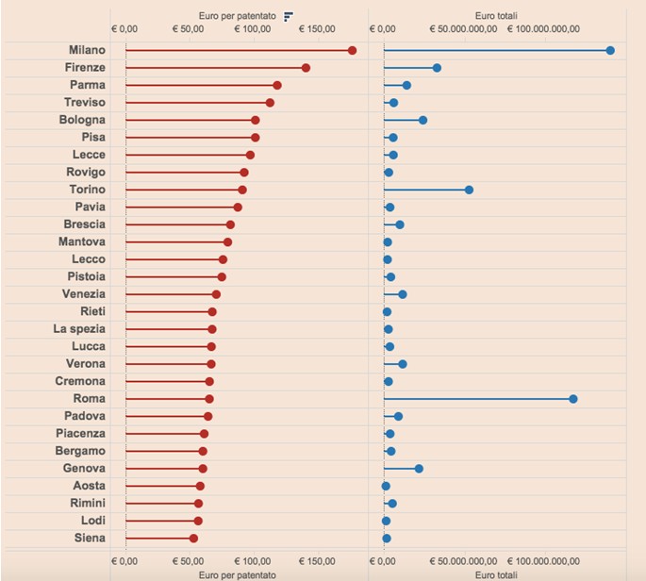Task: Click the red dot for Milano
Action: point(352,51)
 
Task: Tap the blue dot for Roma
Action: point(573,399)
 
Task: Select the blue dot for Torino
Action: point(469,190)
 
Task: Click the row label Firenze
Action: point(86,68)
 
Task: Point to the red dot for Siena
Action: point(193,539)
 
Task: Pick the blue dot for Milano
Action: point(610,51)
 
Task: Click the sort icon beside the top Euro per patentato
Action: point(289,16)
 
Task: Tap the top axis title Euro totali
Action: point(497,16)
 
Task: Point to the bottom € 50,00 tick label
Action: point(191,560)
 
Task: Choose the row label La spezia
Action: point(79,329)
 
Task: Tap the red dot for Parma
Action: point(277,86)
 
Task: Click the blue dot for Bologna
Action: point(422,121)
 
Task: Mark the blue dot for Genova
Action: point(419,469)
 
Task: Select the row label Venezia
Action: point(84,294)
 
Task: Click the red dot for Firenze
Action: point(306,68)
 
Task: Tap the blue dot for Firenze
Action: point(437,68)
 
